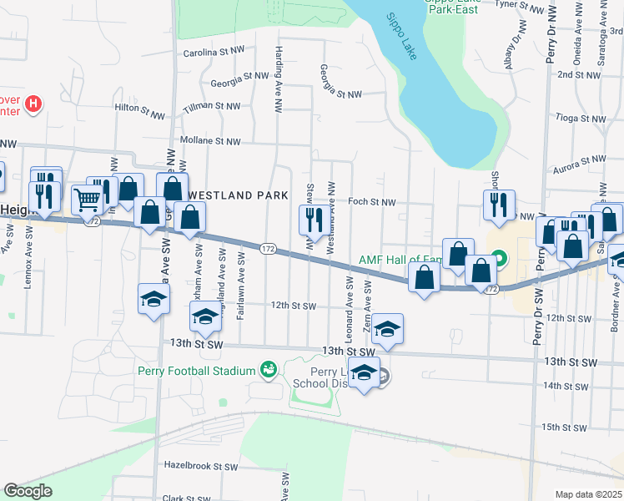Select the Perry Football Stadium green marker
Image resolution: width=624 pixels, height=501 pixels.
click(269, 369)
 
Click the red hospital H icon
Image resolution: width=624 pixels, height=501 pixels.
click(33, 104)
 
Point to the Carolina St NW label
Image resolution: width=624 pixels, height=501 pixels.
click(214, 51)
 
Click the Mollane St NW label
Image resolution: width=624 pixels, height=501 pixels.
click(210, 141)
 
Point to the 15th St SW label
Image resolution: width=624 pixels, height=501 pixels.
click(564, 427)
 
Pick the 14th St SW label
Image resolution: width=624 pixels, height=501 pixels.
click(565, 386)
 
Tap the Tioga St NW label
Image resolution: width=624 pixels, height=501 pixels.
click(584, 119)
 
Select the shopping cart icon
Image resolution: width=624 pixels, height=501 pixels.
click(86, 199)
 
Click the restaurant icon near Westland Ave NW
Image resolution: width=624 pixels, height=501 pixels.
click(312, 220)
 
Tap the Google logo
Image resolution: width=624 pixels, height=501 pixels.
click(28, 491)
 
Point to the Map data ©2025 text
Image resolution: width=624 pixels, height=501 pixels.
click(589, 494)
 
